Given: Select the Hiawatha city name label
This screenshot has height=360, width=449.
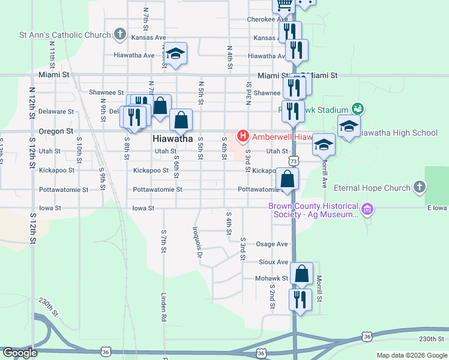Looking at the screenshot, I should pyautogui.click(x=172, y=138).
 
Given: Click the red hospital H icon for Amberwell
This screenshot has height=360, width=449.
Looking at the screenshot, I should pyautogui.click(x=243, y=136).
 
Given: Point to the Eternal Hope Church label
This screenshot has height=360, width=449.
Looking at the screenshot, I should pyautogui.click(x=372, y=188).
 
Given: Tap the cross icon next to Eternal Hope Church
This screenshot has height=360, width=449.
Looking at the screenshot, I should pyautogui.click(x=419, y=188).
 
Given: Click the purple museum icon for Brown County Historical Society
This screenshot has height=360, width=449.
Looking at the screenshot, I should pyautogui.click(x=368, y=210).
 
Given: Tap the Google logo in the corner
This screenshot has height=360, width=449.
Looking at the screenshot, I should pyautogui.click(x=20, y=353).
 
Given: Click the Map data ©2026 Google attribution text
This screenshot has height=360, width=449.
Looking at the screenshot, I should pyautogui.click(x=412, y=355).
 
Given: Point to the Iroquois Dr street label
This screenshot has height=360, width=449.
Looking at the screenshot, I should pyautogui.click(x=197, y=242).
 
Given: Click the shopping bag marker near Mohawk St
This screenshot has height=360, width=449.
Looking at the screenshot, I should pyautogui.click(x=301, y=274).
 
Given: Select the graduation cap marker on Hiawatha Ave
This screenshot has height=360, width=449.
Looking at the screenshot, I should pyautogui.click(x=176, y=54).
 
